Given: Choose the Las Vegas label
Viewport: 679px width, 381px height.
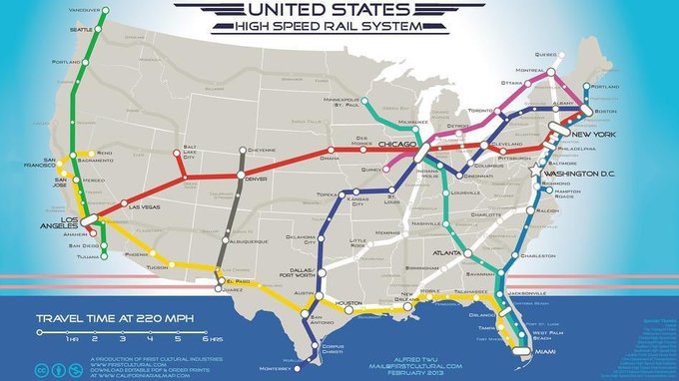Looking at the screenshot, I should [144, 206].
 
